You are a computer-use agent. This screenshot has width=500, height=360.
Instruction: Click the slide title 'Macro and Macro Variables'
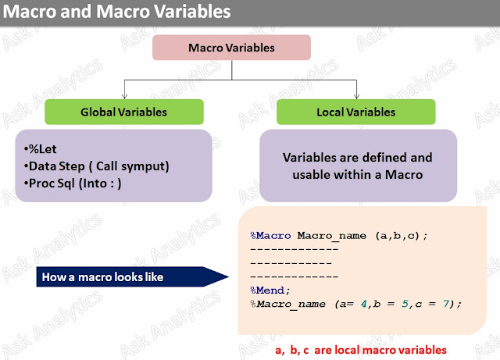(x=118, y=12)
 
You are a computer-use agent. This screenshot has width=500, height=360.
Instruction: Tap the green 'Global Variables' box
(x=123, y=112)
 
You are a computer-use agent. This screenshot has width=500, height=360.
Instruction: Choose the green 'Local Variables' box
(x=355, y=112)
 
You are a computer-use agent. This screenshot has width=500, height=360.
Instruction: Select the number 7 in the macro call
(x=446, y=303)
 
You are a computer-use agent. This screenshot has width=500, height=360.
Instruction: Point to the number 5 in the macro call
(x=405, y=303)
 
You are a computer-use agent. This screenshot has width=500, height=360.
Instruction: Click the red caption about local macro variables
(x=360, y=350)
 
